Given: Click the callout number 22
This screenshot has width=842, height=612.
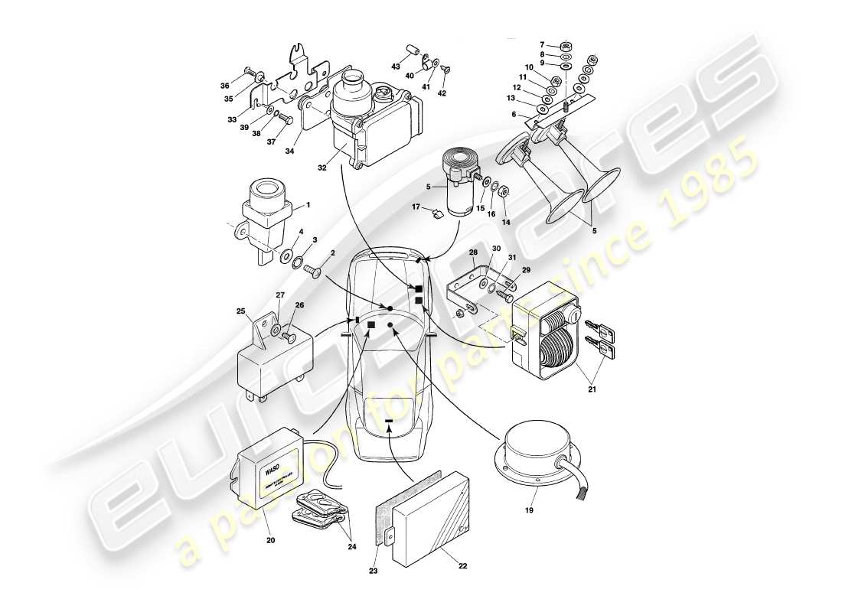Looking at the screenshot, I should click(x=462, y=566).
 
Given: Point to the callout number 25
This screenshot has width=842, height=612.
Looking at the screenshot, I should click(x=242, y=313).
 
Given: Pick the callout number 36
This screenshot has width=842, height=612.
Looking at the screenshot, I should click(x=225, y=86).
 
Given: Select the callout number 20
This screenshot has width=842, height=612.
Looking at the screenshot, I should click(x=270, y=540).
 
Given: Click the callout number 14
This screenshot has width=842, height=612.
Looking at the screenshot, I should click(x=505, y=222).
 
